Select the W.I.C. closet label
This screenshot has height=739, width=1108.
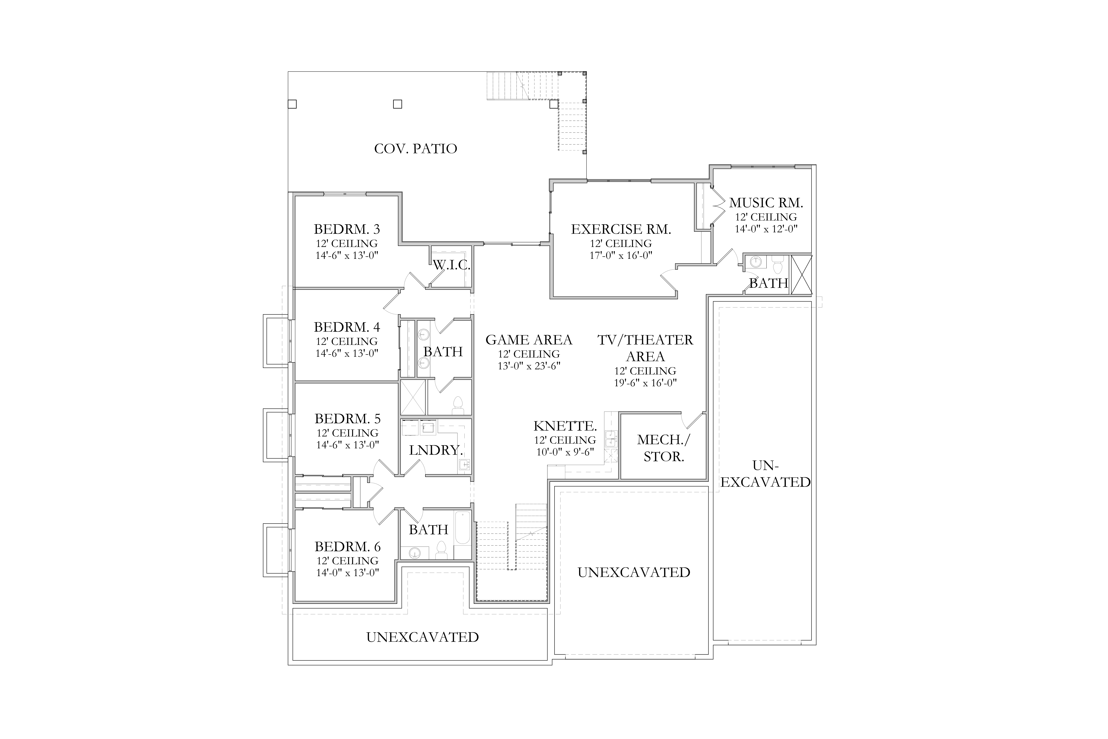[x=451, y=265]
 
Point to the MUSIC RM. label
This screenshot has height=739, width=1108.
[x=766, y=203]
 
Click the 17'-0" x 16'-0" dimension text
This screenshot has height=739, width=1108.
[x=621, y=255]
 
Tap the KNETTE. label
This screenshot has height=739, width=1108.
[x=565, y=426]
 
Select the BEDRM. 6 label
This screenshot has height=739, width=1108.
[x=348, y=547]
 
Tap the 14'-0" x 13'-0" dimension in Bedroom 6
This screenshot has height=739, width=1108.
[x=348, y=573]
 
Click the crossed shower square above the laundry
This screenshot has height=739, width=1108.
[x=413, y=397]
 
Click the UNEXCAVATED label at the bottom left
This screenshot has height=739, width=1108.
[x=423, y=637]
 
